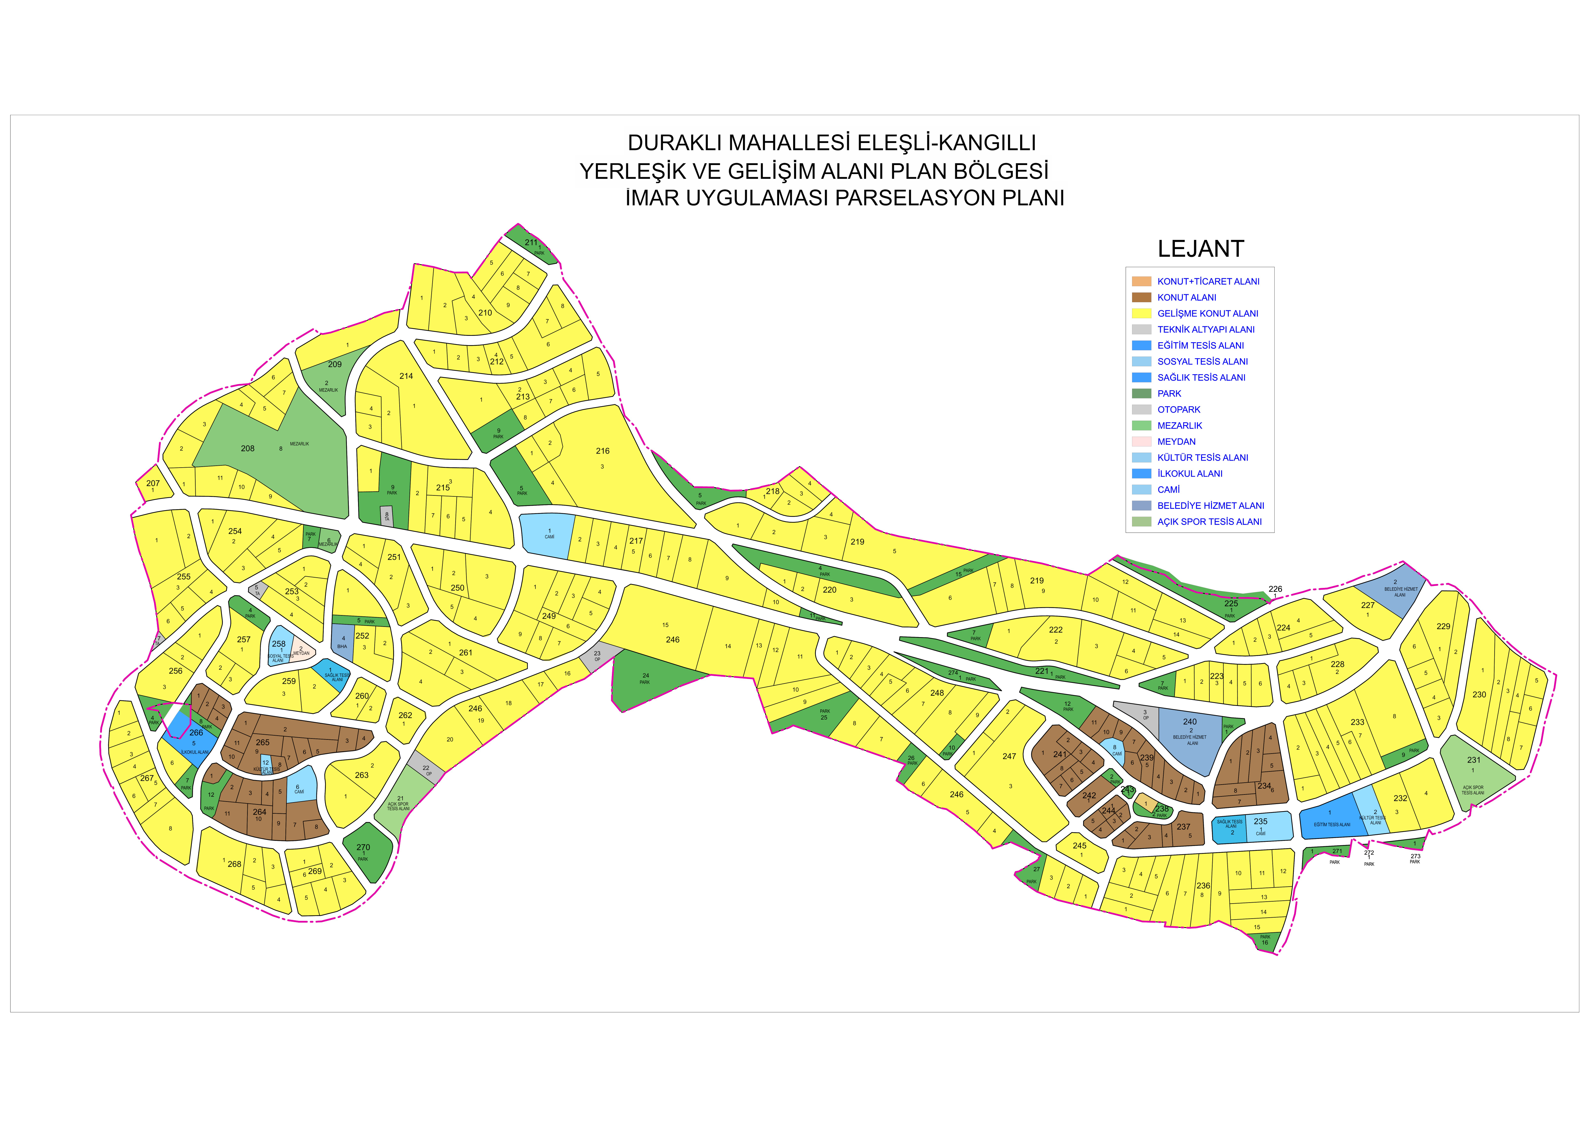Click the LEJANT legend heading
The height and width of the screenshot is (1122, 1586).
pos(1200,249)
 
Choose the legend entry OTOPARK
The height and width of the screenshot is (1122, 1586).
pos(1178,410)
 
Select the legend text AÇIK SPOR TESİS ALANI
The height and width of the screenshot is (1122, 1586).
pos(1209,522)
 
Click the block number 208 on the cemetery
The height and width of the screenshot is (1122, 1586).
pos(247,448)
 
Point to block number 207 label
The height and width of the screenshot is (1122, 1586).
pos(153,484)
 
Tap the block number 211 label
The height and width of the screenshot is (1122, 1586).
pos(530,242)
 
